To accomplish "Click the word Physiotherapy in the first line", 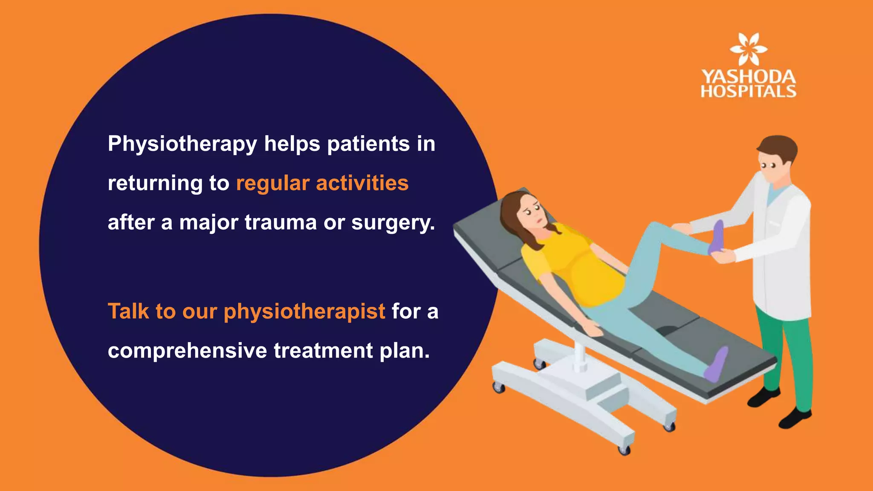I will pyautogui.click(x=182, y=144).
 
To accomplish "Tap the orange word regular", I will pyautogui.click(x=273, y=184).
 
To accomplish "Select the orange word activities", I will pyautogui.click(x=362, y=183).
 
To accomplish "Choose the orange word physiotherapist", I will pyautogui.click(x=304, y=312).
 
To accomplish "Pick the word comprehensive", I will pyautogui.click(x=187, y=351).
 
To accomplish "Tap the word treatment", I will pyautogui.click(x=324, y=351).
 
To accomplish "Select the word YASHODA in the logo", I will pyautogui.click(x=749, y=77).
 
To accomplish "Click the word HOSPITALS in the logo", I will pyautogui.click(x=749, y=91).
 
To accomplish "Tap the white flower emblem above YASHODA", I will pyautogui.click(x=748, y=49).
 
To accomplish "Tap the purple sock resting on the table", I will pyautogui.click(x=716, y=364).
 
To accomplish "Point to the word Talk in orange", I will pyautogui.click(x=128, y=311).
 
